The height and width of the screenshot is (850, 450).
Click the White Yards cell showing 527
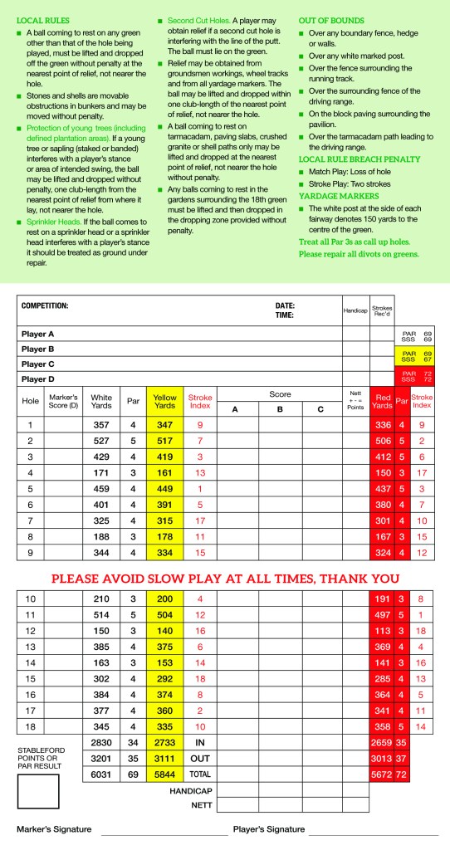pos(101,440)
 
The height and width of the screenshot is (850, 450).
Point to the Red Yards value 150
pos(382,471)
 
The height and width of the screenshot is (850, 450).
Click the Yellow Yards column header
pos(165,403)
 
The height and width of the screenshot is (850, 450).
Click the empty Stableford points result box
pos(37,791)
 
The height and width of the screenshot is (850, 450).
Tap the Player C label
pos(38,364)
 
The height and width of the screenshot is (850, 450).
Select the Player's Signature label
pos(269,829)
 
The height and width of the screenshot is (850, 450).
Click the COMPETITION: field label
pos(45,305)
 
